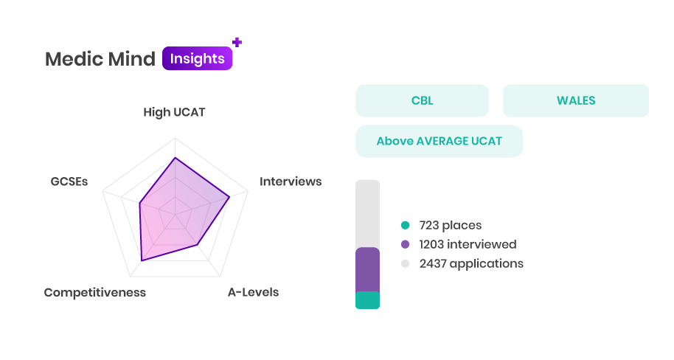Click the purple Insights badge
click(x=197, y=58)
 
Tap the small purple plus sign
click(x=237, y=42)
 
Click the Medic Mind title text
click(x=100, y=59)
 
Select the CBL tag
click(x=422, y=100)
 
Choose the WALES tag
click(x=576, y=100)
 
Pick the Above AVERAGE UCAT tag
click(x=440, y=141)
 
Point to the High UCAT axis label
click(x=174, y=112)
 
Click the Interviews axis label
click(x=291, y=181)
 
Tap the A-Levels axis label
click(x=253, y=292)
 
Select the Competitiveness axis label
click(x=95, y=292)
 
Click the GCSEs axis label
click(x=69, y=181)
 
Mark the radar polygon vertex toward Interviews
click(x=229, y=197)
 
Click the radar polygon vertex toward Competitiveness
click(x=142, y=260)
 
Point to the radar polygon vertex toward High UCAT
click(x=175, y=158)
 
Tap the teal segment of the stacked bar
click(x=367, y=300)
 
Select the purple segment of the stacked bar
click(x=367, y=270)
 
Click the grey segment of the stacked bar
click(x=367, y=214)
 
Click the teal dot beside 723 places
click(x=406, y=225)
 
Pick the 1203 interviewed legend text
click(x=468, y=244)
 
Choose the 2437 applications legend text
click(x=471, y=263)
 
